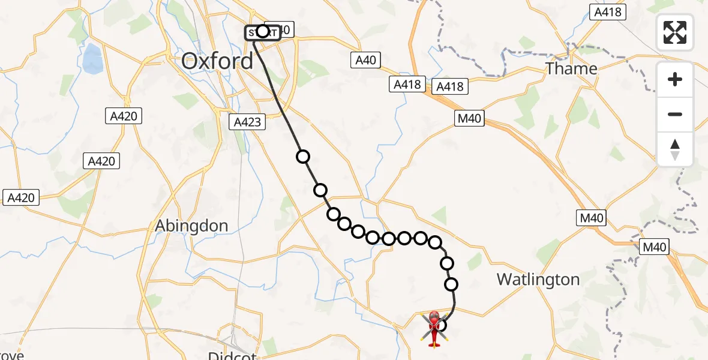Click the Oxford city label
[x=217, y=61]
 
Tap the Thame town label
[x=571, y=68]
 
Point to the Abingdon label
[x=191, y=226]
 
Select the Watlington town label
[x=538, y=280]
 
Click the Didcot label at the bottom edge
[x=232, y=355]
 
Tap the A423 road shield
[x=247, y=122]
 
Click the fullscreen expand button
[x=675, y=32]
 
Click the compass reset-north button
[x=675, y=150]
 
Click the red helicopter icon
[x=435, y=328]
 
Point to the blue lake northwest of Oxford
[x=93, y=58]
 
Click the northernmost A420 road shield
[x=124, y=117]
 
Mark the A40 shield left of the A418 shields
[x=366, y=60]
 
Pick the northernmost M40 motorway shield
[x=469, y=119]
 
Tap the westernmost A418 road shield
[x=408, y=85]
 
